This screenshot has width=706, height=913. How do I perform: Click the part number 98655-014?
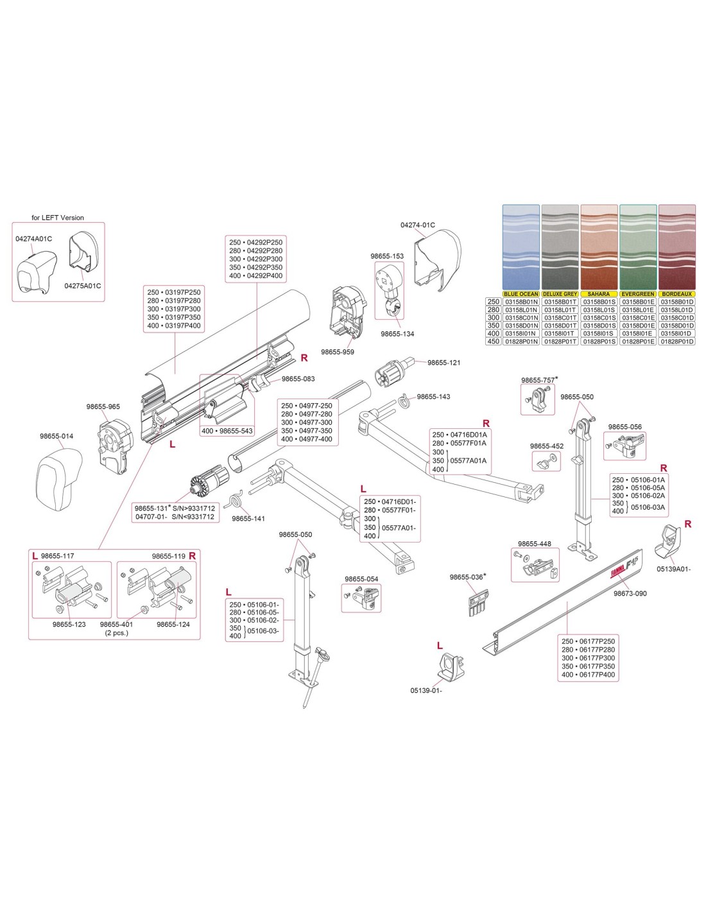tap(56, 436)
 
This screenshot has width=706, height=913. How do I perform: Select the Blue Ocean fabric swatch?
tap(521, 247)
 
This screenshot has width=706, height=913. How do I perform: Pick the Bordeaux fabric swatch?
tap(677, 247)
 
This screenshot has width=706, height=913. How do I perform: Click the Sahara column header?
tap(599, 294)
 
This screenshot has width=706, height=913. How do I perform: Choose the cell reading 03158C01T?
tap(560, 318)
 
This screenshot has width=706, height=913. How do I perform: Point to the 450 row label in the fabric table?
tap(493, 342)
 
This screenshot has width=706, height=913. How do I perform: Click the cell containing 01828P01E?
tap(638, 342)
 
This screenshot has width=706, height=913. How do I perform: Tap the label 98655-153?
tap(387, 256)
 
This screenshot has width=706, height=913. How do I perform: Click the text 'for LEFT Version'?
tap(58, 218)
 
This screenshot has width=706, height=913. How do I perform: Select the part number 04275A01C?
tap(82, 286)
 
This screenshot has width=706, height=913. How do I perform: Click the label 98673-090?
tap(630, 593)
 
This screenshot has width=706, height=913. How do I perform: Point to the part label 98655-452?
tap(547, 446)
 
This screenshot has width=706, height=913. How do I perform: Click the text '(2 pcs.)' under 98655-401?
tap(117, 632)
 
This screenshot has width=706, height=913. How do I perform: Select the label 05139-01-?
tap(426, 691)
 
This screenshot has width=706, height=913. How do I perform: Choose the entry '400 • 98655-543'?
tap(227, 431)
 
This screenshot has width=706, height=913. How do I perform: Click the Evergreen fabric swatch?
tap(638, 247)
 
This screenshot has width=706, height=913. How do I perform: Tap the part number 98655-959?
tap(338, 352)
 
